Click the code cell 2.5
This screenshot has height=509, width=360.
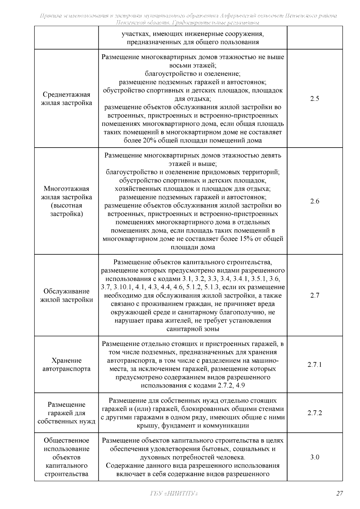coord(315,99)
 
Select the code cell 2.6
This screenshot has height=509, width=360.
coord(315,201)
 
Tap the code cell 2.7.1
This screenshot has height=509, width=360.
coord(315,365)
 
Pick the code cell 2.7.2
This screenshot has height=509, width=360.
coord(315,413)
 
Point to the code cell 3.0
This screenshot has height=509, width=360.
coord(315,457)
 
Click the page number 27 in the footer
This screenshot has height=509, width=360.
coord(339,494)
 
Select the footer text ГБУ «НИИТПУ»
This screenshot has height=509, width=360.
coord(174,494)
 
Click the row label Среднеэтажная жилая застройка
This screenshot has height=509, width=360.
coord(66,99)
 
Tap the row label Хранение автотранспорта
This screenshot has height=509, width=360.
coord(66,365)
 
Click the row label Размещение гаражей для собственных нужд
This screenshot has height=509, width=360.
coord(66,413)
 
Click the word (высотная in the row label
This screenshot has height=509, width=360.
coord(66,206)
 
